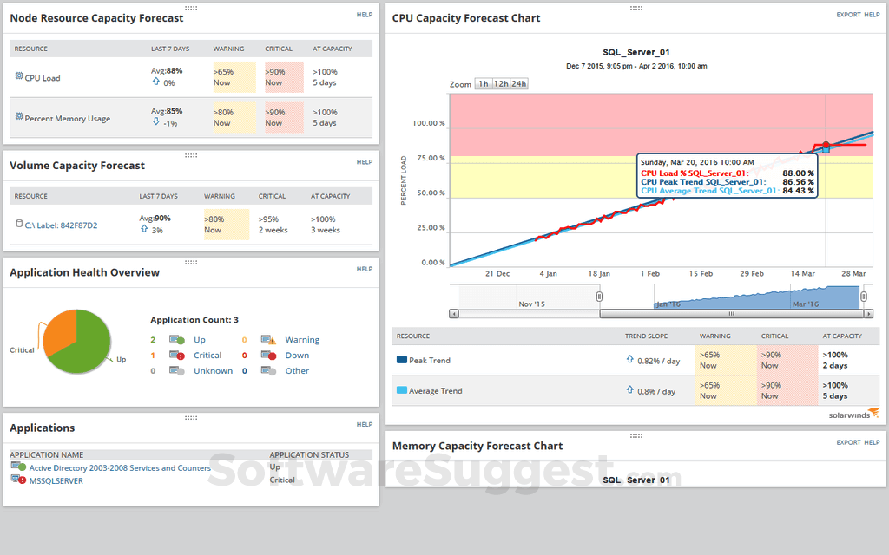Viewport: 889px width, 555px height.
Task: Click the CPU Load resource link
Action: pyautogui.click(x=42, y=78)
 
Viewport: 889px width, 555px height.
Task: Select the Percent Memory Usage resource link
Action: pyautogui.click(x=67, y=119)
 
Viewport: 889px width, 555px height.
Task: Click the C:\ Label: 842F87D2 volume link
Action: pyautogui.click(x=61, y=225)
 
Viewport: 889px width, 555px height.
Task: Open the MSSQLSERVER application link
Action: pyautogui.click(x=56, y=480)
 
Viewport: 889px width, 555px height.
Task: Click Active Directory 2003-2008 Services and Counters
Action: pyautogui.click(x=120, y=468)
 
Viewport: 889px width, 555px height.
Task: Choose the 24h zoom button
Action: pyautogui.click(x=519, y=84)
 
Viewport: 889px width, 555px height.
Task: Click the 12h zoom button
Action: pyautogui.click(x=501, y=84)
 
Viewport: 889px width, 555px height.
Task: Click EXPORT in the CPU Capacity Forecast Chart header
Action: pyautogui.click(x=848, y=15)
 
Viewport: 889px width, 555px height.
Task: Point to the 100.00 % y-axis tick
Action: pyautogui.click(x=429, y=123)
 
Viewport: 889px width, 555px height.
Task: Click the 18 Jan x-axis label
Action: pyautogui.click(x=599, y=273)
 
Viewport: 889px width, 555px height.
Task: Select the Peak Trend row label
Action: pyautogui.click(x=429, y=360)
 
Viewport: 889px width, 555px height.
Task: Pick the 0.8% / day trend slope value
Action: pyautogui.click(x=657, y=391)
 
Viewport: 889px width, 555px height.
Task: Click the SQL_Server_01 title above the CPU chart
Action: pyautogui.click(x=635, y=53)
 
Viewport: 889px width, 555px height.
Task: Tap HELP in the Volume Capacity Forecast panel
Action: pyautogui.click(x=365, y=162)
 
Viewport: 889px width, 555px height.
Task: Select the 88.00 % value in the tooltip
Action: pyautogui.click(x=798, y=173)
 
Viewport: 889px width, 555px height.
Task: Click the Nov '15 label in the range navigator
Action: pyautogui.click(x=531, y=304)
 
